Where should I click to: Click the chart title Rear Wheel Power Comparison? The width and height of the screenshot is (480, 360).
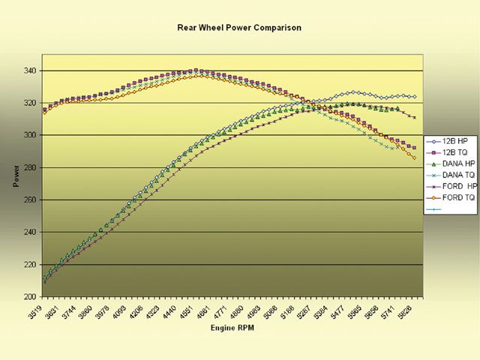tap(239, 28)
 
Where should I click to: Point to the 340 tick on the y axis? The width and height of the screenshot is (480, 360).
tap(30, 70)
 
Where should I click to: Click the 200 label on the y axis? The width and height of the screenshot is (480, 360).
tap(30, 297)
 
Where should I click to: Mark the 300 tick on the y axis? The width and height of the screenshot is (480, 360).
tap(30, 135)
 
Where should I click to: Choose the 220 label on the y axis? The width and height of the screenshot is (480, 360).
tap(30, 265)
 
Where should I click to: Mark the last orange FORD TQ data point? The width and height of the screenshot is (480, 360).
tap(414, 157)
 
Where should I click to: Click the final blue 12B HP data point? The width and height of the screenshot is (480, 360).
tap(414, 97)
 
